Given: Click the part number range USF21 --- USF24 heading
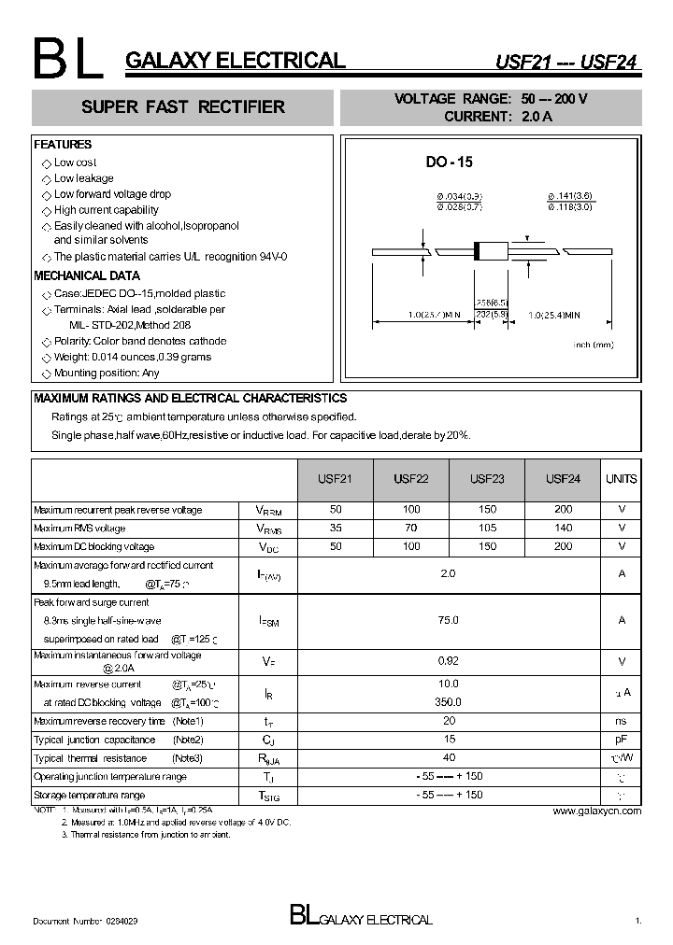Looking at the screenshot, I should (566, 63).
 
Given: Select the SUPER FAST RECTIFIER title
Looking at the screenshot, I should (183, 107).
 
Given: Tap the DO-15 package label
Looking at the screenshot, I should (450, 162).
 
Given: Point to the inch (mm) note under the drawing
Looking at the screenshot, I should (594, 345).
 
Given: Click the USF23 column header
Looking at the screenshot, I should (486, 479).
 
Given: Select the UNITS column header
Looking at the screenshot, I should (621, 479).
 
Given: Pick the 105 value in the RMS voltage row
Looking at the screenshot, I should (486, 529).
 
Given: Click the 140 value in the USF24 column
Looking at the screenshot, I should (563, 529).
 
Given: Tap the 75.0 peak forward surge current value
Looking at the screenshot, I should (449, 619).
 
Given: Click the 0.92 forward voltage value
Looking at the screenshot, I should (449, 661).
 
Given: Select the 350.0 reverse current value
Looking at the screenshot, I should (449, 702).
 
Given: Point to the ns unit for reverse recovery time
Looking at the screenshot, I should (621, 721).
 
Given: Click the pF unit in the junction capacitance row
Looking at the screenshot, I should (621, 740).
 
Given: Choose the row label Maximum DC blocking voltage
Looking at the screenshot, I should (94, 547).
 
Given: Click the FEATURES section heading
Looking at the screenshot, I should (63, 145).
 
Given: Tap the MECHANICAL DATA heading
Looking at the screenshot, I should (87, 276).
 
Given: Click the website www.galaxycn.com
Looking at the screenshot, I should (597, 811).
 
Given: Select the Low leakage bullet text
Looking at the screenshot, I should (83, 178).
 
